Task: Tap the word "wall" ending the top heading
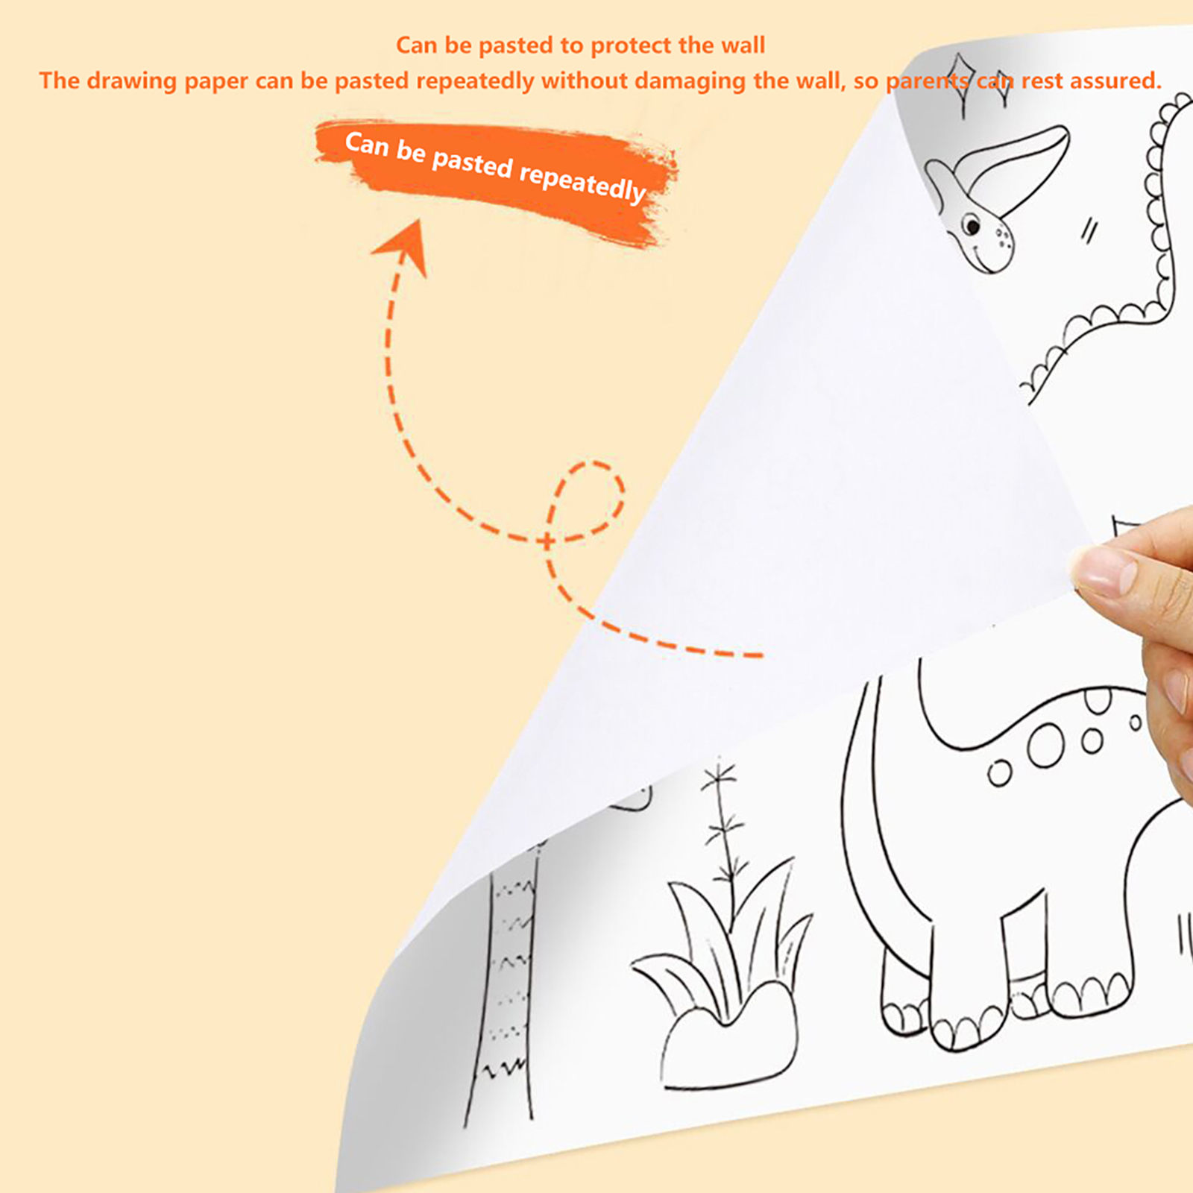pos(743,45)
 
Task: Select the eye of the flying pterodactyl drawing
pos(971,224)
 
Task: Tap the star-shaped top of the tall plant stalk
pos(719,775)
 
